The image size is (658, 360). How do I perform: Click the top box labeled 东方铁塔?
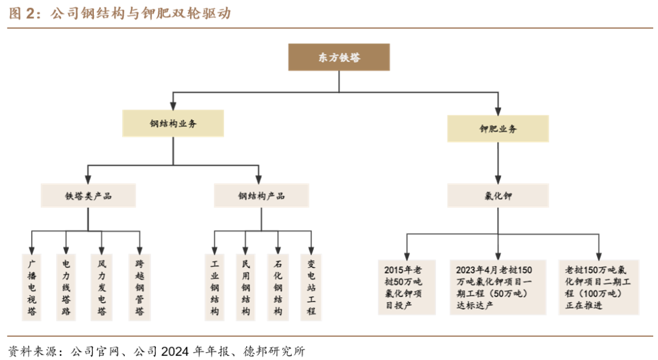(339, 57)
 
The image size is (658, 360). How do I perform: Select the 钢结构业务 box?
(173, 124)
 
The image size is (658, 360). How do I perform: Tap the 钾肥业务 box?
(498, 129)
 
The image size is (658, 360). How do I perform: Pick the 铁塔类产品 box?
(88, 196)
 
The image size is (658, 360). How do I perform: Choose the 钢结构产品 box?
(261, 196)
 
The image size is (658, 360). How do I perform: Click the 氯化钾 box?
(498, 196)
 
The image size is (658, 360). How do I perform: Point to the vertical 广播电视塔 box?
(32, 288)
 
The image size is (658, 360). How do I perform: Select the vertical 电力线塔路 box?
(66, 288)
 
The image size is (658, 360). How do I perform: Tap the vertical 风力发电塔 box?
(102, 288)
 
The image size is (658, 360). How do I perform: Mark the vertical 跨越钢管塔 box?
(140, 288)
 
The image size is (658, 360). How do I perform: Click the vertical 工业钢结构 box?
(214, 288)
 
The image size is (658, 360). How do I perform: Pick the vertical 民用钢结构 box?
(246, 288)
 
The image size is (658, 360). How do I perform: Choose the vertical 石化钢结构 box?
(278, 288)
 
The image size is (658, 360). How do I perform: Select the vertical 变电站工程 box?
(311, 288)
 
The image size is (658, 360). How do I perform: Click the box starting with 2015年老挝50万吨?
(406, 288)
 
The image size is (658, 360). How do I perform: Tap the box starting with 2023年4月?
(498, 288)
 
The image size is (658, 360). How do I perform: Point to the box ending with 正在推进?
(599, 288)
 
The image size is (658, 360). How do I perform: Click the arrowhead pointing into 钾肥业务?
(498, 111)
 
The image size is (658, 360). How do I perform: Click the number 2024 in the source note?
(175, 351)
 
